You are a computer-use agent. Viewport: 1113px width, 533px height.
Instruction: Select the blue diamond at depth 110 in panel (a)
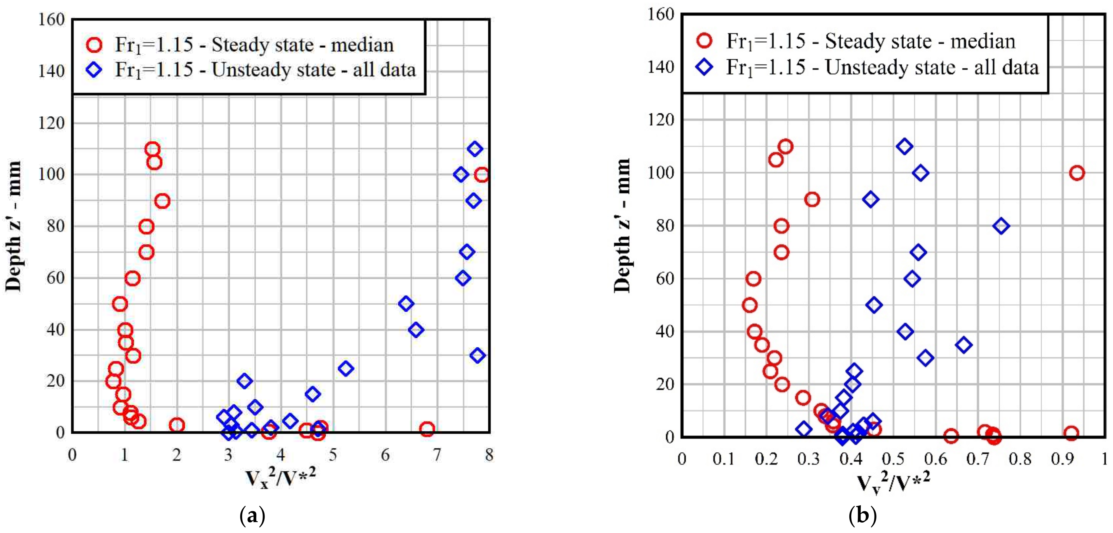(x=475, y=149)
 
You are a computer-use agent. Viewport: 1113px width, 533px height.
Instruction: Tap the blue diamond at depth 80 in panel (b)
(x=1001, y=226)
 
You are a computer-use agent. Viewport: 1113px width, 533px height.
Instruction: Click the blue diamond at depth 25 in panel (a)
(x=345, y=368)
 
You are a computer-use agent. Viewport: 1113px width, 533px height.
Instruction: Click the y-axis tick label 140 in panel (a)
(x=51, y=71)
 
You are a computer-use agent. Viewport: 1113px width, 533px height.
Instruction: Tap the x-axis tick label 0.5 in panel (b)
(x=893, y=459)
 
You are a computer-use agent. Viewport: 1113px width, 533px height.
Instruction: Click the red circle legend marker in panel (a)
(x=94, y=45)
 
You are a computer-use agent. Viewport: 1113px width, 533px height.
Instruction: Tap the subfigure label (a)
(x=252, y=516)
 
